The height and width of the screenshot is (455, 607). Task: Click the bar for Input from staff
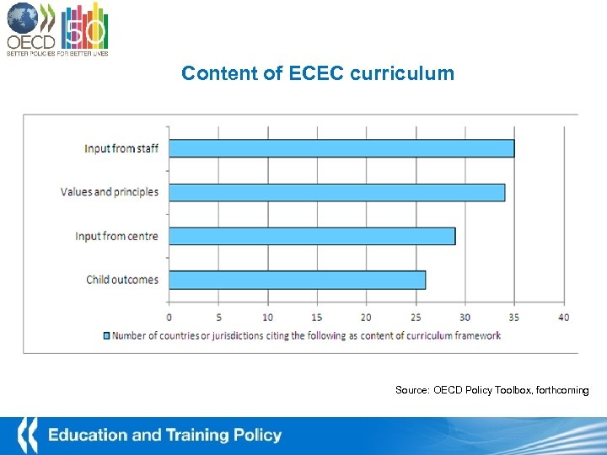[341, 148]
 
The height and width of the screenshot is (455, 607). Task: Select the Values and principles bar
[337, 192]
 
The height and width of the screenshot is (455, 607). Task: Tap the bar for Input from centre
[312, 236]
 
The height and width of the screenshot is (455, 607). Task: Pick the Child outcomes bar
[298, 280]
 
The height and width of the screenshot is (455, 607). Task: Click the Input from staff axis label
[121, 148]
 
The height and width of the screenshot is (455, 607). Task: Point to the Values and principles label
[110, 192]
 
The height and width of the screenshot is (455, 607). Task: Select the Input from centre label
[116, 236]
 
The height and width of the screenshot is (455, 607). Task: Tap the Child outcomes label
[122, 280]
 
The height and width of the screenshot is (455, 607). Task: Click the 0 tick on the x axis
[169, 317]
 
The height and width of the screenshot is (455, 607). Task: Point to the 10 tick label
[268, 317]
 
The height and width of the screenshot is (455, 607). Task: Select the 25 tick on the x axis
[416, 317]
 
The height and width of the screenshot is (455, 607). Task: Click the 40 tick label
[563, 317]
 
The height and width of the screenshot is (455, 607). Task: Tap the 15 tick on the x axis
[317, 317]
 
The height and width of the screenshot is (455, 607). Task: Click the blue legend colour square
[106, 335]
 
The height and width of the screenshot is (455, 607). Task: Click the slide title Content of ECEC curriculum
[318, 73]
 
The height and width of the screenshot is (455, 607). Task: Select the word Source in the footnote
[412, 390]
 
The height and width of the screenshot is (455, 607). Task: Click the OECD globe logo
[23, 18]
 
